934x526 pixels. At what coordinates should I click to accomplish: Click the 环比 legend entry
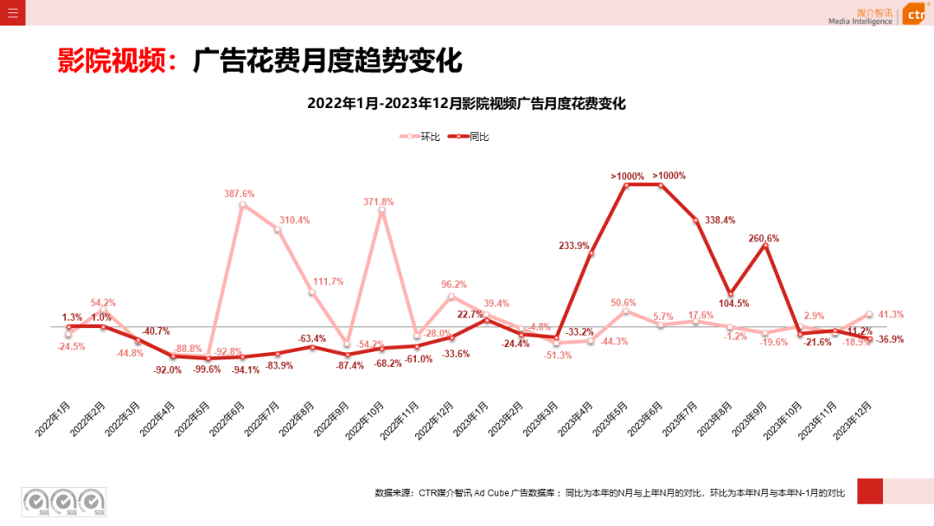click(420, 137)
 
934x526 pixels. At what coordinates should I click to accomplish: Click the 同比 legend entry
click(469, 137)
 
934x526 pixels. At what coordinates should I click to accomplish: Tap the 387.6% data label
click(240, 194)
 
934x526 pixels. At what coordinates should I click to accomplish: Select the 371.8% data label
click(379, 202)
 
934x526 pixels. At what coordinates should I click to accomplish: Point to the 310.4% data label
click(294, 220)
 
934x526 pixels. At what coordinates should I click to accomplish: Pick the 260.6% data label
click(764, 238)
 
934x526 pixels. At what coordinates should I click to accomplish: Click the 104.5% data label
click(733, 304)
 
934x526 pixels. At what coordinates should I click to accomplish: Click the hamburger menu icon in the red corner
click(12, 13)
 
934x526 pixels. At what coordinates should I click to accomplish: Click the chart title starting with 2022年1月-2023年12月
click(466, 104)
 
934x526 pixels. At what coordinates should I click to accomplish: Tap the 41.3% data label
click(891, 315)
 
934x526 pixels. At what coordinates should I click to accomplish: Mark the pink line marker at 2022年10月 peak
click(381, 210)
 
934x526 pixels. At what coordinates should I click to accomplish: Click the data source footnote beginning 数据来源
click(610, 492)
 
